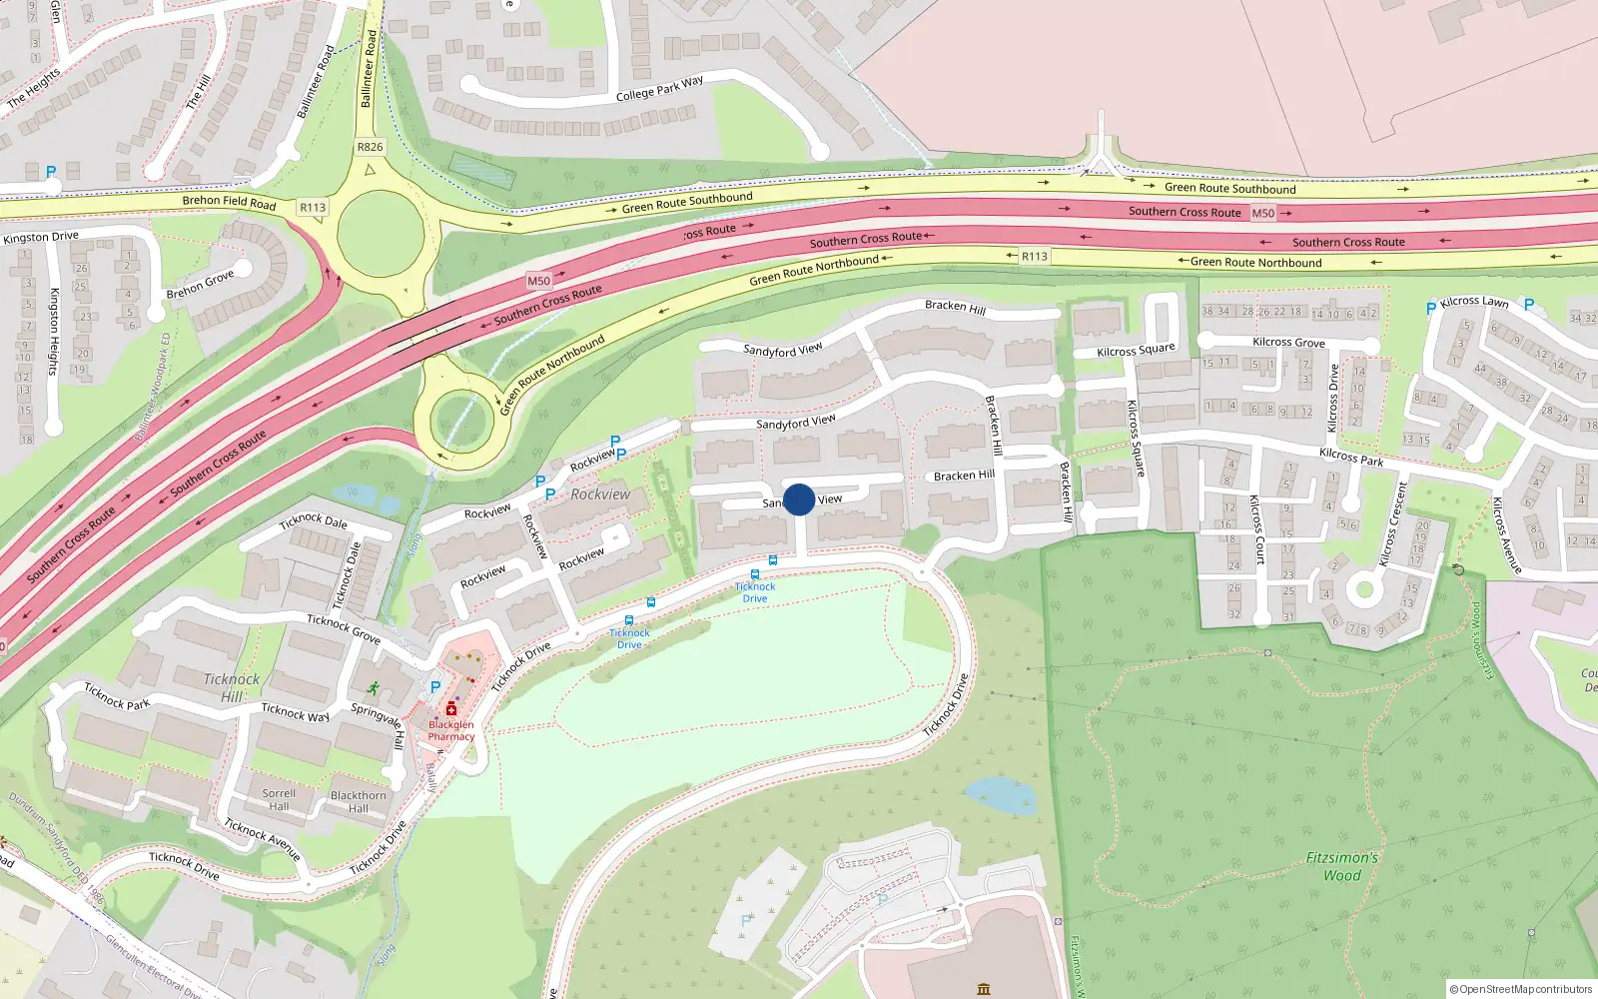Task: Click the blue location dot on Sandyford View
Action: [x=799, y=499]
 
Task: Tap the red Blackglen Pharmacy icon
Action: [x=451, y=708]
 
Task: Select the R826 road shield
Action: [x=370, y=147]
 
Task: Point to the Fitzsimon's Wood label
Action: [x=1341, y=866]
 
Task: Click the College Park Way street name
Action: [x=659, y=88]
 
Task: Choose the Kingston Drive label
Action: [x=41, y=238]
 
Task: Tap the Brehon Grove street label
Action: [x=200, y=284]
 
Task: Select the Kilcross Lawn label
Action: [x=1474, y=301]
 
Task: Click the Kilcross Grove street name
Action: [x=1288, y=342]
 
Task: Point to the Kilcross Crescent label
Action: [x=1393, y=524]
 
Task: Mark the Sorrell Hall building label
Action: [x=279, y=799]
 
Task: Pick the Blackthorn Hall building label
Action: [x=358, y=802]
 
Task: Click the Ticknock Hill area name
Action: [x=232, y=687]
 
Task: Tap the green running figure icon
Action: [x=373, y=688]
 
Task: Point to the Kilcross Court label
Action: [x=1257, y=529]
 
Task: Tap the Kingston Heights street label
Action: [x=55, y=332]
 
